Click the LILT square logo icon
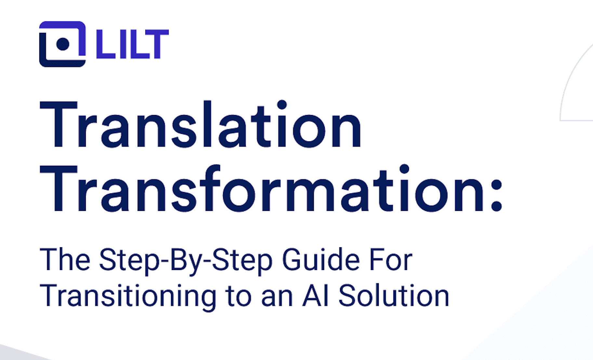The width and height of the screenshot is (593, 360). (62, 44)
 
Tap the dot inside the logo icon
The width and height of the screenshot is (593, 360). (63, 44)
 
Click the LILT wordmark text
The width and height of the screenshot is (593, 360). (132, 44)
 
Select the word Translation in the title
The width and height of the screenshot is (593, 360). (200, 125)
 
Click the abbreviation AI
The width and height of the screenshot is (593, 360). (316, 296)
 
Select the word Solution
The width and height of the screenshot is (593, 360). (394, 296)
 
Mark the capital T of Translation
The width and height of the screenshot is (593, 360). (59, 125)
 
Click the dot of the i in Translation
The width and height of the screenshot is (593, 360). (282, 105)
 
